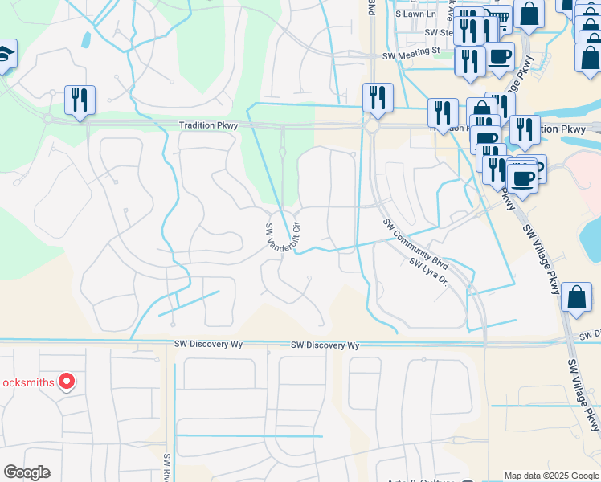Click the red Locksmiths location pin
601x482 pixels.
[67, 382]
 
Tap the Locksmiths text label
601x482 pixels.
[27, 382]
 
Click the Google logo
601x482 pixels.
[27, 472]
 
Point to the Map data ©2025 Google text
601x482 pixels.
[550, 476]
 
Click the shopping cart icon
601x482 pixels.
[500, 18]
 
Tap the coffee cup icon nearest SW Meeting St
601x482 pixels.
[500, 58]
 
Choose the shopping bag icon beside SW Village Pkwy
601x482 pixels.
[577, 297]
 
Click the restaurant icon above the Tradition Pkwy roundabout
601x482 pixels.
[378, 98]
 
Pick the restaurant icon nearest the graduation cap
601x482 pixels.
[80, 100]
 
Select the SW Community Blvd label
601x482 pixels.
[415, 244]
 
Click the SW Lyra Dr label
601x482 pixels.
[427, 274]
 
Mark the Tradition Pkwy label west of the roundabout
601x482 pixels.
[207, 125]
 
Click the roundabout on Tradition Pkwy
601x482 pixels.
[372, 127]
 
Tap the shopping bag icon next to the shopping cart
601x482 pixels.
[529, 14]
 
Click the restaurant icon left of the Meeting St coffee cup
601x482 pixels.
[469, 60]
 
